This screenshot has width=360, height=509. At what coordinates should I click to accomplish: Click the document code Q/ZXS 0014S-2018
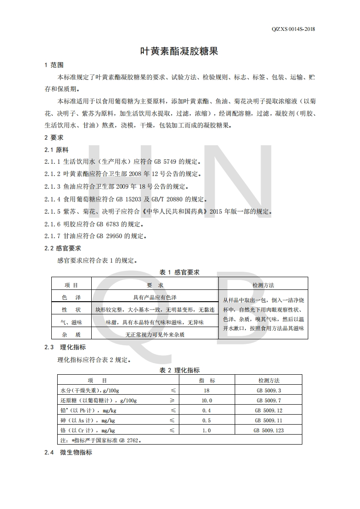coord(293,29)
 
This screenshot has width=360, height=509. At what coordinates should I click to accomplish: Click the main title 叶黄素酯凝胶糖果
coord(179,51)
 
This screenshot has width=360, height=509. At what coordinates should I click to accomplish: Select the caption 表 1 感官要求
coord(179,272)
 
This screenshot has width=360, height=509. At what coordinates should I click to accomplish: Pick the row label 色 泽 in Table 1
coord(71,297)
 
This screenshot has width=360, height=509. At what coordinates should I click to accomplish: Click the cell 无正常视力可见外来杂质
coord(155,334)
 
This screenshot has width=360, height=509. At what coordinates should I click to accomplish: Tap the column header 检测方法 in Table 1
coord(263,285)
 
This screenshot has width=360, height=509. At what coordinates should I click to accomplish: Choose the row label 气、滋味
coord(71,322)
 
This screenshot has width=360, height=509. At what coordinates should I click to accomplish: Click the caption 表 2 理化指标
coord(179,370)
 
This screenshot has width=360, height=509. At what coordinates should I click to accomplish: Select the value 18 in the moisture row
coord(207,390)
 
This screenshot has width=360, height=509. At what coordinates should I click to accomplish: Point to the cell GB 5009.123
coord(269,430)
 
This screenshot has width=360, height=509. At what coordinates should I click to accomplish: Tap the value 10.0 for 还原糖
coord(207,400)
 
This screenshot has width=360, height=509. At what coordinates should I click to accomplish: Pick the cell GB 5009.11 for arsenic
coord(269,420)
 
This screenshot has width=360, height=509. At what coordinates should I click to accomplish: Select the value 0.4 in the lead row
coord(207,410)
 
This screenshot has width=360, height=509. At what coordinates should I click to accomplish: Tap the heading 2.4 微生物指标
coord(68,452)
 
